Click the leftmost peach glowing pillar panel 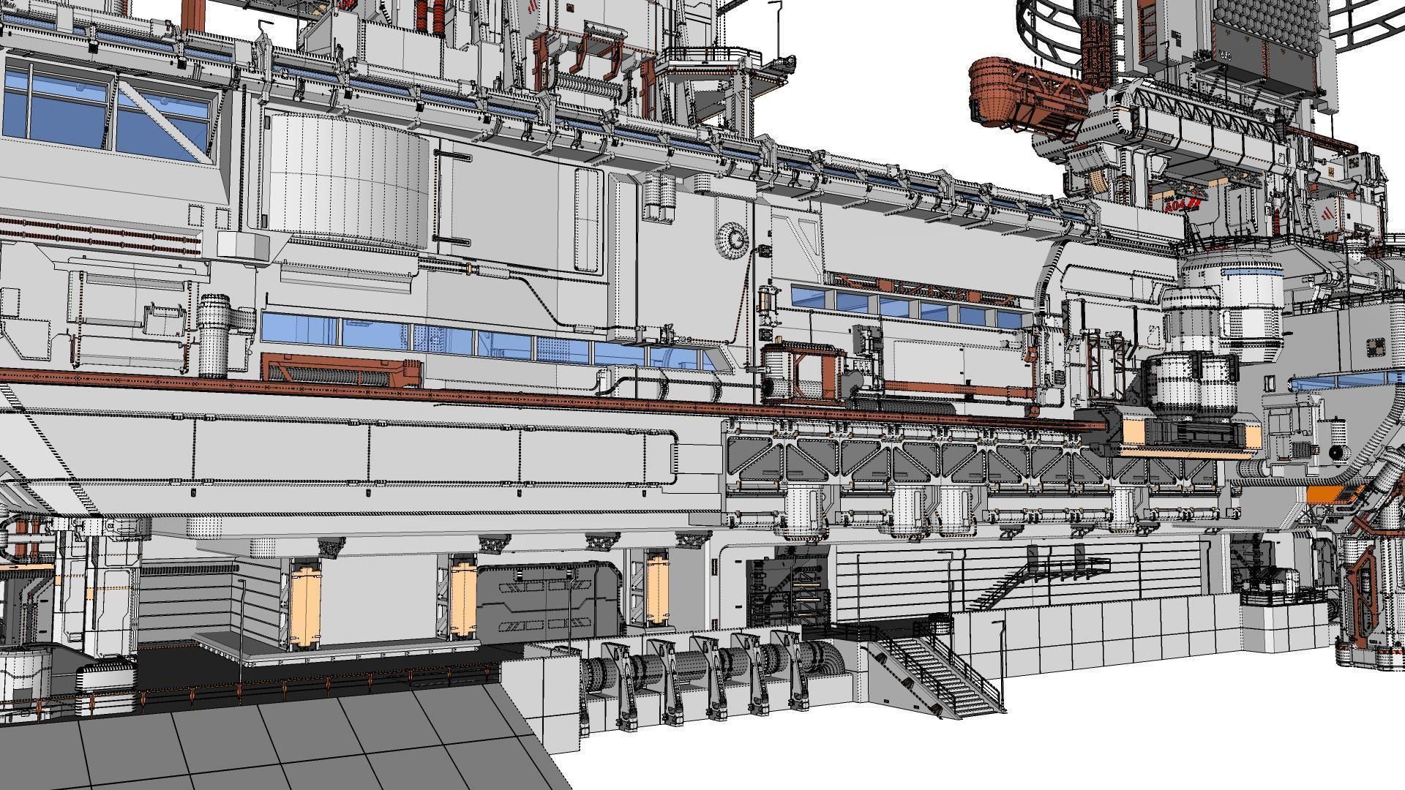(x=304, y=604)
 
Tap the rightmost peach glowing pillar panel (x=657, y=590)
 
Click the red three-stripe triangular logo (x=1327, y=217)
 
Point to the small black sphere (x=1336, y=453)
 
